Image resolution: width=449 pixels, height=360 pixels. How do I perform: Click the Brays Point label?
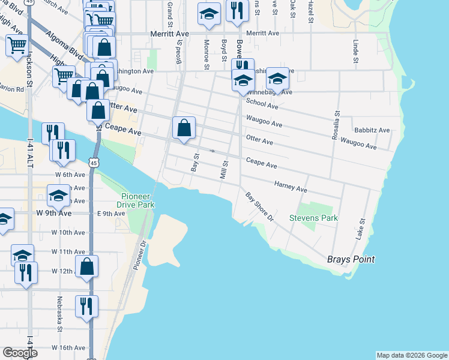point(351,259)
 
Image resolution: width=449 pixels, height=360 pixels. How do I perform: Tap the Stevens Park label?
point(314,218)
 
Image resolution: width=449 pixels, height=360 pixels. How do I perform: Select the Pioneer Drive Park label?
point(137,200)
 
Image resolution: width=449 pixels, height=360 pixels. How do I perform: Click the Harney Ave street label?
point(291,188)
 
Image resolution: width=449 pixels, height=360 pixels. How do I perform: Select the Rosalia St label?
point(336,125)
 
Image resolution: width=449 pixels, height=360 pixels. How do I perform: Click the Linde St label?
point(356,52)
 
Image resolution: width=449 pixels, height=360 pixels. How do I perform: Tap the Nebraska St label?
point(60,313)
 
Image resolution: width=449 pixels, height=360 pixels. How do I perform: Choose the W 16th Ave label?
point(68,348)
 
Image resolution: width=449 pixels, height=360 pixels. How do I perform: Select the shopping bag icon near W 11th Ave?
point(87,266)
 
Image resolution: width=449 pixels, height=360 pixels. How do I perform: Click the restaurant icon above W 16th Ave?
point(86,306)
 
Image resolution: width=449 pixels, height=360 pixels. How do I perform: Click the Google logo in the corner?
point(19,353)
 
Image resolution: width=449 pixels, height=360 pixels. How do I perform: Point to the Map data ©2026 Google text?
point(411,355)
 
